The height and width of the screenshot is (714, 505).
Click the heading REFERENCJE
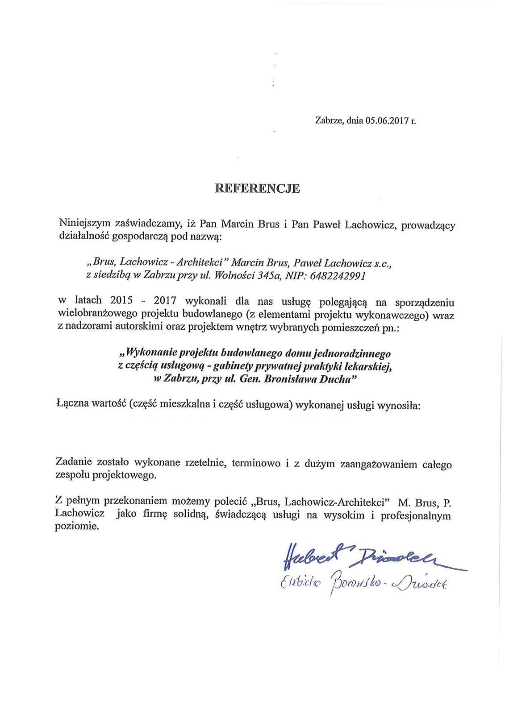coord(258,189)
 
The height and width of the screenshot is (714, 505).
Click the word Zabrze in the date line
coord(328,121)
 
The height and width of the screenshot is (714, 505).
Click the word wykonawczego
coord(390,315)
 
